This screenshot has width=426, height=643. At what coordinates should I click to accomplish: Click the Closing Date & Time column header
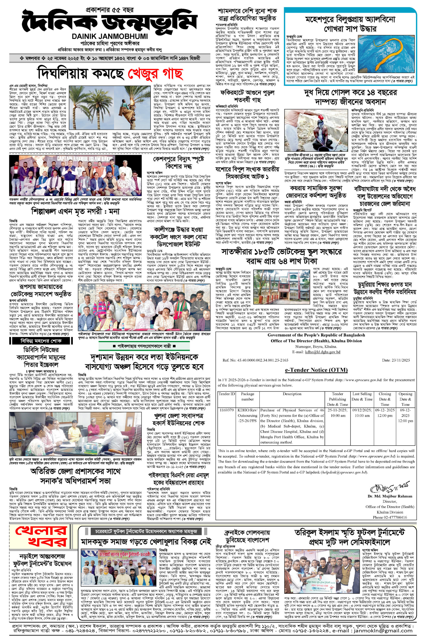click(x=385, y=399)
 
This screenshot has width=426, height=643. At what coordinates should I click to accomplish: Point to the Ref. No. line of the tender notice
click(x=255, y=360)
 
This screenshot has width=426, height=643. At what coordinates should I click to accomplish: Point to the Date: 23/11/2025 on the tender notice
click(x=396, y=360)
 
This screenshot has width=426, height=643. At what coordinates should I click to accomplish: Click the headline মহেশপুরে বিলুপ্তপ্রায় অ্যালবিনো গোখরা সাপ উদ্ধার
click(x=350, y=24)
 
